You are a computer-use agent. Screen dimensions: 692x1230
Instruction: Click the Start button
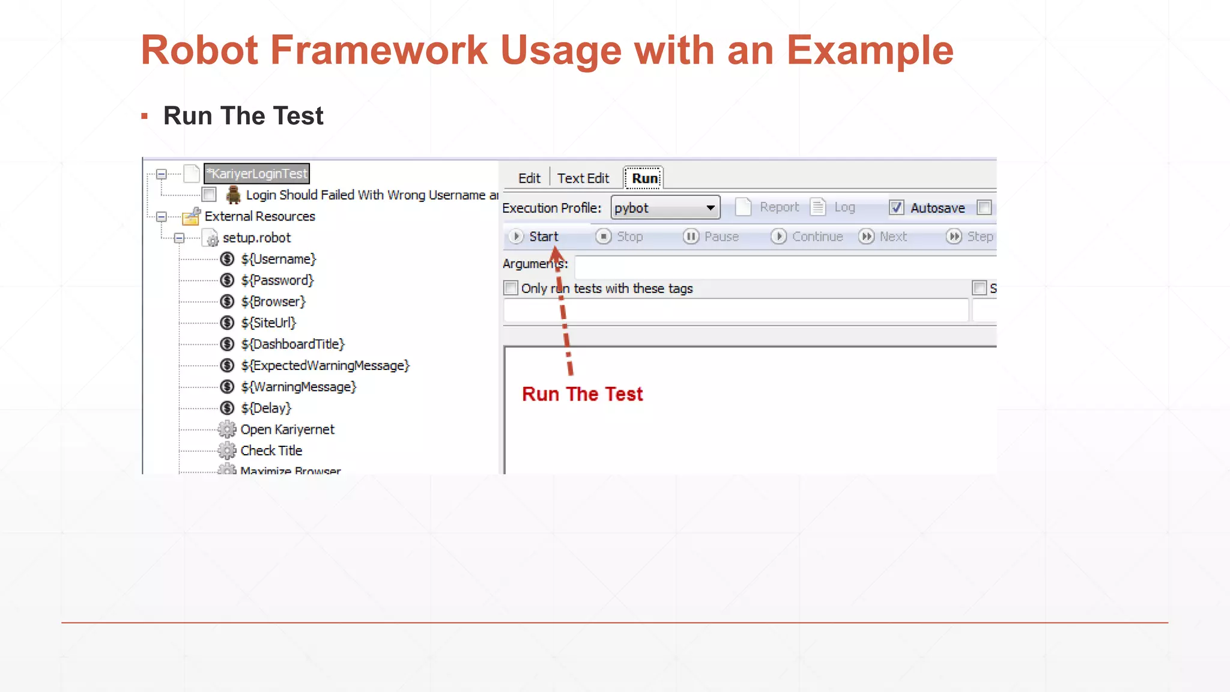point(534,237)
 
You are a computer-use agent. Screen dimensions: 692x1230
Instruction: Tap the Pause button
point(711,237)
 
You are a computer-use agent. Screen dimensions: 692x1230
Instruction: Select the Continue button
point(807,237)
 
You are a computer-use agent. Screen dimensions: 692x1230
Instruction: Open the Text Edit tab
point(583,178)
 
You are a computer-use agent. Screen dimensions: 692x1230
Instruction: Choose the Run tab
point(644,178)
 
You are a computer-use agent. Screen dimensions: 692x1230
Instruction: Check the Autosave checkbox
point(896,208)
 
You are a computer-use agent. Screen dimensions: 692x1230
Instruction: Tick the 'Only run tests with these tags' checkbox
point(511,288)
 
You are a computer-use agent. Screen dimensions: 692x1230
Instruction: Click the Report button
point(769,207)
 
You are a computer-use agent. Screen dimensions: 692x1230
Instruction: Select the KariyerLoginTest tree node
point(257,174)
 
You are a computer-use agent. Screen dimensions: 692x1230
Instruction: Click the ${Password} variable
point(277,281)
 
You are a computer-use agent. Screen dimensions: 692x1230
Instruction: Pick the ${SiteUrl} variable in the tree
point(268,323)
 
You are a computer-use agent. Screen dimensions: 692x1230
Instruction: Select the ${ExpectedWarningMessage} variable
point(325,366)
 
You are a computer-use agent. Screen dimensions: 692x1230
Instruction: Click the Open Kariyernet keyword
point(287,429)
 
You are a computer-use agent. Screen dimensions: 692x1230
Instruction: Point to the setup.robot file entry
point(256,238)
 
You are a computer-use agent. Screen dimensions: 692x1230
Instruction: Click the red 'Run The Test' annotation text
point(582,394)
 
